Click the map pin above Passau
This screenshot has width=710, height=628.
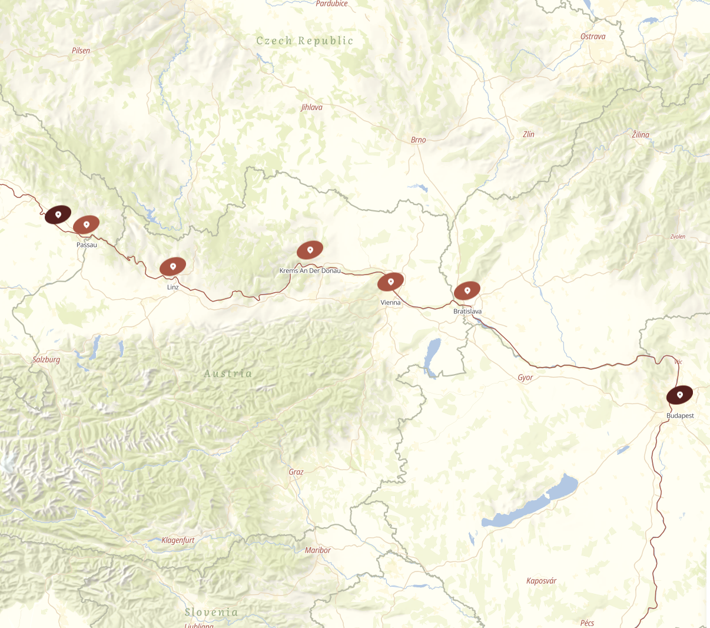pyautogui.click(x=86, y=224)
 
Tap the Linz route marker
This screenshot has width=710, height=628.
pyautogui.click(x=172, y=266)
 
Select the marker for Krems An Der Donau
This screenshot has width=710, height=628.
pyautogui.click(x=310, y=250)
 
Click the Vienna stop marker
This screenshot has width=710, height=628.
pyautogui.click(x=390, y=282)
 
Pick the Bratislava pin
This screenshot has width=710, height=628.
pyautogui.click(x=467, y=290)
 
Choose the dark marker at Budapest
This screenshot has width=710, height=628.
pyautogui.click(x=679, y=395)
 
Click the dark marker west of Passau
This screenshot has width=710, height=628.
pyautogui.click(x=58, y=214)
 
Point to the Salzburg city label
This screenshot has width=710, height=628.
pyautogui.click(x=47, y=359)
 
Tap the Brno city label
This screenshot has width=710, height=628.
pyautogui.click(x=418, y=140)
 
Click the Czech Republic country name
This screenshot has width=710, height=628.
pyautogui.click(x=305, y=41)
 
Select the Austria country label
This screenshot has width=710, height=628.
pyautogui.click(x=228, y=374)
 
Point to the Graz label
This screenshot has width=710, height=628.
pyautogui.click(x=296, y=472)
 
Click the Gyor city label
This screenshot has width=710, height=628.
pyautogui.click(x=525, y=378)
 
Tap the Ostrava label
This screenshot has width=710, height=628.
pyautogui.click(x=593, y=37)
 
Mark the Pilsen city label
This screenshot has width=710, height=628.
pyautogui.click(x=81, y=51)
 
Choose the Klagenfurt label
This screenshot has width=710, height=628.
pyautogui.click(x=178, y=540)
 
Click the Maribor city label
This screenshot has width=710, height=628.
pyautogui.click(x=318, y=550)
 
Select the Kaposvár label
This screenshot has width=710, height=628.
pyautogui.click(x=541, y=581)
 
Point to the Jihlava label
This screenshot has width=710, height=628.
pyautogui.click(x=311, y=107)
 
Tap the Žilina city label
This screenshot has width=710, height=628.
pyautogui.click(x=641, y=135)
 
